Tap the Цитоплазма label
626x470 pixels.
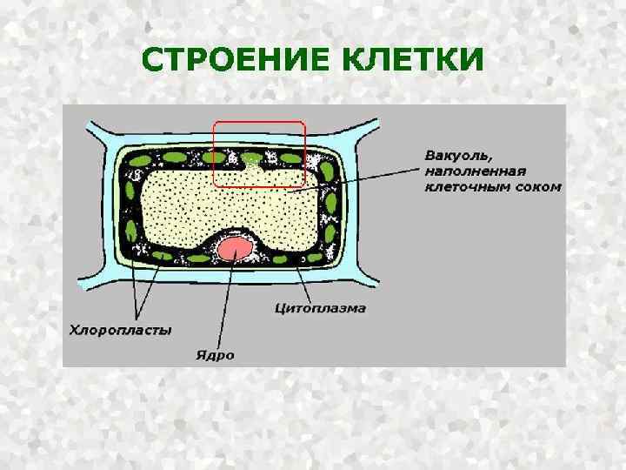320,308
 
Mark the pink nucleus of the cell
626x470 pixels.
235,249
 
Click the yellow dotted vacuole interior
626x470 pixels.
226,205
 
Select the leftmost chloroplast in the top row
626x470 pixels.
139,161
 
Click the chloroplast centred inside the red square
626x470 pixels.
252,158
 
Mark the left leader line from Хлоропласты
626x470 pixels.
132,279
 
